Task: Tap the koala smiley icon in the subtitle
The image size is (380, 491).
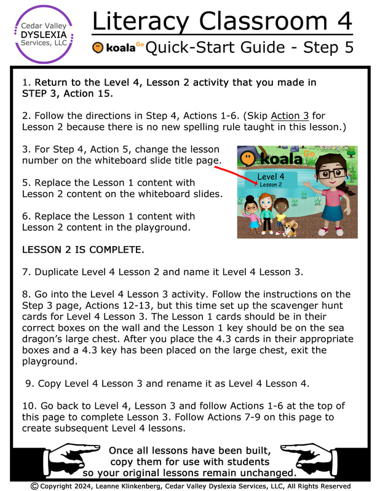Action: (x=98, y=47)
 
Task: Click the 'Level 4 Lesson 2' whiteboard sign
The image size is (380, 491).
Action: (x=271, y=180)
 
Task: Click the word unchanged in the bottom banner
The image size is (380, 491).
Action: (x=265, y=473)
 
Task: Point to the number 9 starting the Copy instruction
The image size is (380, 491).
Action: (x=28, y=383)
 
